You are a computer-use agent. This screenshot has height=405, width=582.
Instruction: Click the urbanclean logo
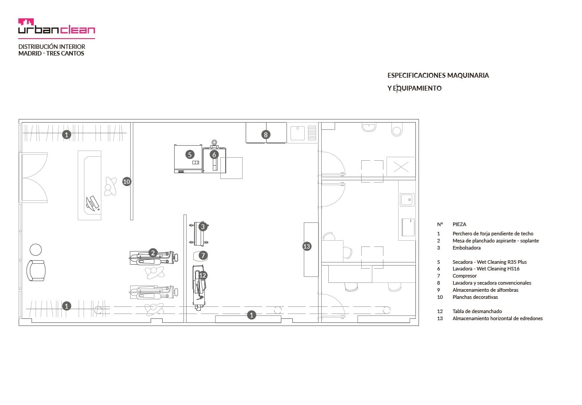(56, 26)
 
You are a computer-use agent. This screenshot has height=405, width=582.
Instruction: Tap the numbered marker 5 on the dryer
(190, 155)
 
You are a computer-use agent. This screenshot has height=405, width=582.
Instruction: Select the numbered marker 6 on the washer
(214, 155)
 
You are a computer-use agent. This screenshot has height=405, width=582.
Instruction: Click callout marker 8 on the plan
(266, 135)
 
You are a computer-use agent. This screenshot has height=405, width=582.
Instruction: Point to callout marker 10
(127, 181)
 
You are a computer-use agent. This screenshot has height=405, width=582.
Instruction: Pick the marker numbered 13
(307, 246)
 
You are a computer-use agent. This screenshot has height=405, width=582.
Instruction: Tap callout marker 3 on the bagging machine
(203, 226)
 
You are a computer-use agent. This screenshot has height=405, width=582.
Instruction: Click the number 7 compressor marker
(203, 255)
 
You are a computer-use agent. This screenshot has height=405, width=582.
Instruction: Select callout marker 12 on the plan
(203, 275)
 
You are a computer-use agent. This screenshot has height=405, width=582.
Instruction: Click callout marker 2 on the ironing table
(153, 253)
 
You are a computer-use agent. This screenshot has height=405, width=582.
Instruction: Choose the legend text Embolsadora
(466, 248)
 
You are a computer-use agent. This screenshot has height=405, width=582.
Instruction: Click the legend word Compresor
(465, 276)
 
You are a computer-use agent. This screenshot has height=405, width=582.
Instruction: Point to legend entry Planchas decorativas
(475, 297)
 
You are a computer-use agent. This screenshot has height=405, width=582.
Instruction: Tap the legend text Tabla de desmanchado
(477, 311)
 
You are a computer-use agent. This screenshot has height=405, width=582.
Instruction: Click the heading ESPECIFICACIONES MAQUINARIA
(438, 75)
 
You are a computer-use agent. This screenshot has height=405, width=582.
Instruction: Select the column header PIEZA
(459, 224)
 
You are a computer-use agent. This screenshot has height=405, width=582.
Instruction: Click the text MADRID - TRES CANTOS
(51, 53)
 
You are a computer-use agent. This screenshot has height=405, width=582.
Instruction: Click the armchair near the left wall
(36, 270)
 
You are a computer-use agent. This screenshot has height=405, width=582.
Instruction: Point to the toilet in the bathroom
(396, 129)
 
